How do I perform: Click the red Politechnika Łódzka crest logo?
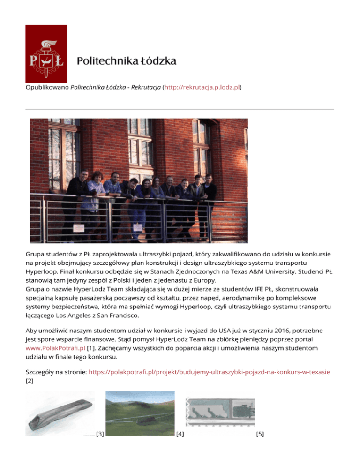pos(46,53)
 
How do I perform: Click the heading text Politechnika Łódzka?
pos(127,61)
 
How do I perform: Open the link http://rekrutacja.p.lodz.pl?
pos(202,87)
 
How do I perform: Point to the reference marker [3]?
pos(99,434)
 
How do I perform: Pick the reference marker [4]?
pos(179,434)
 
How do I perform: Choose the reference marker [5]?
pos(260,434)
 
